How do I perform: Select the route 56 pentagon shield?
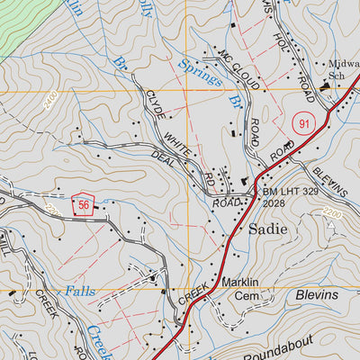point(85,204)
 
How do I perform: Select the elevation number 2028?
point(275,204)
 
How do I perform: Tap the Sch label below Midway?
point(337,76)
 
